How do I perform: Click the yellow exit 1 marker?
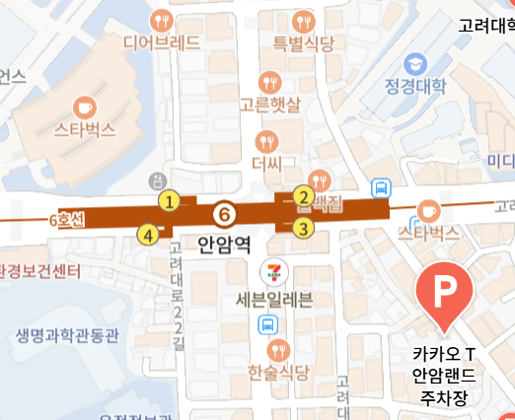coord(170,202)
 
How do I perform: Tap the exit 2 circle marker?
coord(303,197)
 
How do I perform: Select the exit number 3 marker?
coord(303,229)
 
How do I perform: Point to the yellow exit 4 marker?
coord(148,235)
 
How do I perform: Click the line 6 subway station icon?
coord(225,213)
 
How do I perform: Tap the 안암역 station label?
coord(222,241)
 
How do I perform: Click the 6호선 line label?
coord(66,221)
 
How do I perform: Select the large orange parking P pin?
coord(445,293)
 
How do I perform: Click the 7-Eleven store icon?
coord(268,271)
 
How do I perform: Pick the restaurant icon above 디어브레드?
coord(162,19)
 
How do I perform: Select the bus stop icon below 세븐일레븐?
coord(267,325)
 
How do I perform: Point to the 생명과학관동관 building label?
coord(67,335)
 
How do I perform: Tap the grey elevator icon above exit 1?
coord(155,181)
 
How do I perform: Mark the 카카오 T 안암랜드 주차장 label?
coord(444,376)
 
